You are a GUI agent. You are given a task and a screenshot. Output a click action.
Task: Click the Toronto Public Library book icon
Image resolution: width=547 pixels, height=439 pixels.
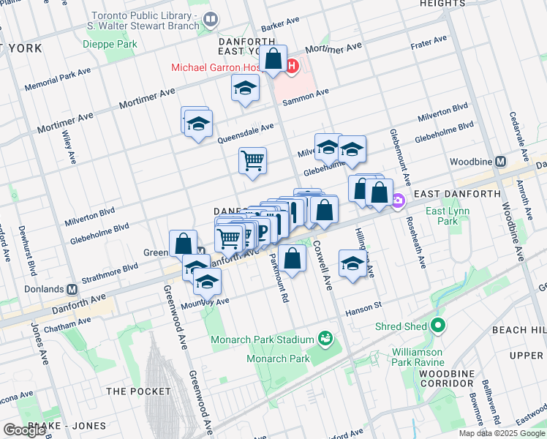point(211,19)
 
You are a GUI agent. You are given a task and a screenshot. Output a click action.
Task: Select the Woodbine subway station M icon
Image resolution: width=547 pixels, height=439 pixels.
point(501,162)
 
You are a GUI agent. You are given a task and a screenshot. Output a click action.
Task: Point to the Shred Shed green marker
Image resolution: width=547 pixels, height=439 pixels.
point(438,326)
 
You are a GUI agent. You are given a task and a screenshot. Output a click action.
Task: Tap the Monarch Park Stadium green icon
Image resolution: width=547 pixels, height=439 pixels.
point(324,339)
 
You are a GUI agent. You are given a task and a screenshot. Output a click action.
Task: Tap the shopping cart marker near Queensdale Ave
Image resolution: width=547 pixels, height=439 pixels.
point(253,160)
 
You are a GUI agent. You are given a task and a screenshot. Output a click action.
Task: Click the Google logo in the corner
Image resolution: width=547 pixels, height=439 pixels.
point(24,430)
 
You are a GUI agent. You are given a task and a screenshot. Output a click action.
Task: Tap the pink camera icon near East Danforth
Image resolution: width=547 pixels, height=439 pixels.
point(398,200)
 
